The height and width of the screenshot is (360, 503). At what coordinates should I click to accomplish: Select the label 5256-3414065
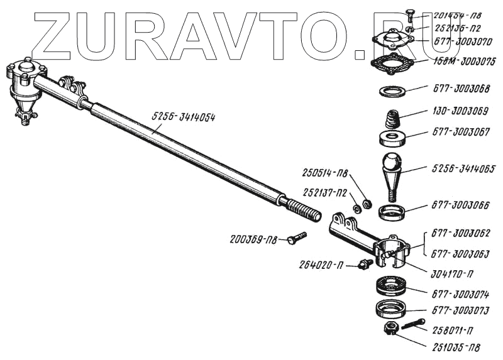(464, 168)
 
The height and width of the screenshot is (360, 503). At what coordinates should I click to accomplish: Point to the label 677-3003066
(460, 205)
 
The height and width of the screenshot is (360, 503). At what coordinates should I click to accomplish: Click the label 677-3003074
(460, 293)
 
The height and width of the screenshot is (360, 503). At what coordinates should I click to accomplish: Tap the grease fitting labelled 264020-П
(363, 264)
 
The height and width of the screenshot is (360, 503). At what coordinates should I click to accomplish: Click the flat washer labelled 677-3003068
(392, 90)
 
